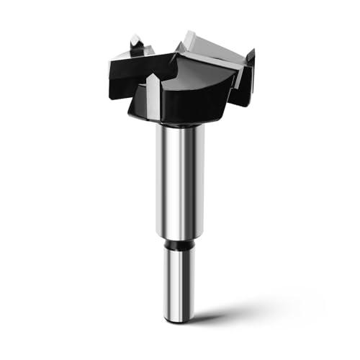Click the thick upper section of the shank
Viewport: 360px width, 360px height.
pyautogui.click(x=178, y=180)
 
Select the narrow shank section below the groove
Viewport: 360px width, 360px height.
pyautogui.click(x=178, y=281)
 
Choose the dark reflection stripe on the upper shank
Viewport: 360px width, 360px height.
pyautogui.click(x=189, y=180)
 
